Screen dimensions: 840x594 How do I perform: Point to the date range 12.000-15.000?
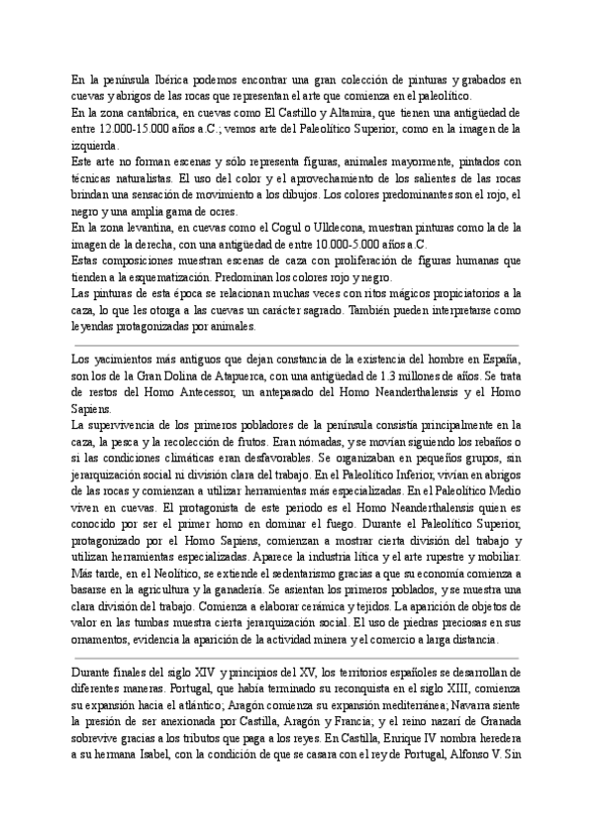point(124,130)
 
